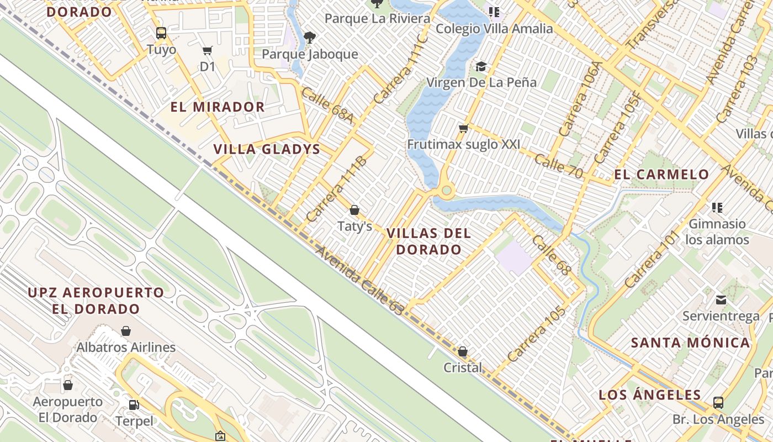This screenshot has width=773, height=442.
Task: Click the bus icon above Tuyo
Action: tap(161, 33)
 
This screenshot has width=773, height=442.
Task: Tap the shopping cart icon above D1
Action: tap(208, 51)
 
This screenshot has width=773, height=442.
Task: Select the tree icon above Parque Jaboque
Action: tap(310, 38)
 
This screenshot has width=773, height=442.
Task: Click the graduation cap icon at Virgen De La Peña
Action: tap(481, 67)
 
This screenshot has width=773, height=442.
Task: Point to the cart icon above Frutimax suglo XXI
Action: tap(463, 129)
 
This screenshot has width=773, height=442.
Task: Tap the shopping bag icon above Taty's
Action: tap(354, 210)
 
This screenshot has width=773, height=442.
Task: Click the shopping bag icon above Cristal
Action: tap(463, 351)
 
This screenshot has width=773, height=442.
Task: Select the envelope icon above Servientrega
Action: tap(721, 300)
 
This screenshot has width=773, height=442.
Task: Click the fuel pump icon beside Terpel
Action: tap(134, 405)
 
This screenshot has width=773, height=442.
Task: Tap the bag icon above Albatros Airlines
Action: tap(126, 331)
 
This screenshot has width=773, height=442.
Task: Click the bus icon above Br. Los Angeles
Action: tap(718, 403)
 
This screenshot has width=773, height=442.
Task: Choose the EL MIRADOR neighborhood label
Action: tap(218, 107)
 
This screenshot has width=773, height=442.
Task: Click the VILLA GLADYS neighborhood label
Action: tap(267, 149)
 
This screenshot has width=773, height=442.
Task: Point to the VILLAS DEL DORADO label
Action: tap(428, 241)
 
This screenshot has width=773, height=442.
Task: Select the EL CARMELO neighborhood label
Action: tap(661, 175)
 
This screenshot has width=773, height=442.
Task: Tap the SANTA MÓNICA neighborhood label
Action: tap(690, 343)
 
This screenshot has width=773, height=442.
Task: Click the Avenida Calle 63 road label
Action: tap(359, 281)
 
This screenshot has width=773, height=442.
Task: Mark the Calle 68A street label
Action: tap(327, 105)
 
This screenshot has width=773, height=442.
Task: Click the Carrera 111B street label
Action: tap(336, 189)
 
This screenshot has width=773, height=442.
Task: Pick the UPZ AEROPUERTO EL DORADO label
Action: tap(96, 301)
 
